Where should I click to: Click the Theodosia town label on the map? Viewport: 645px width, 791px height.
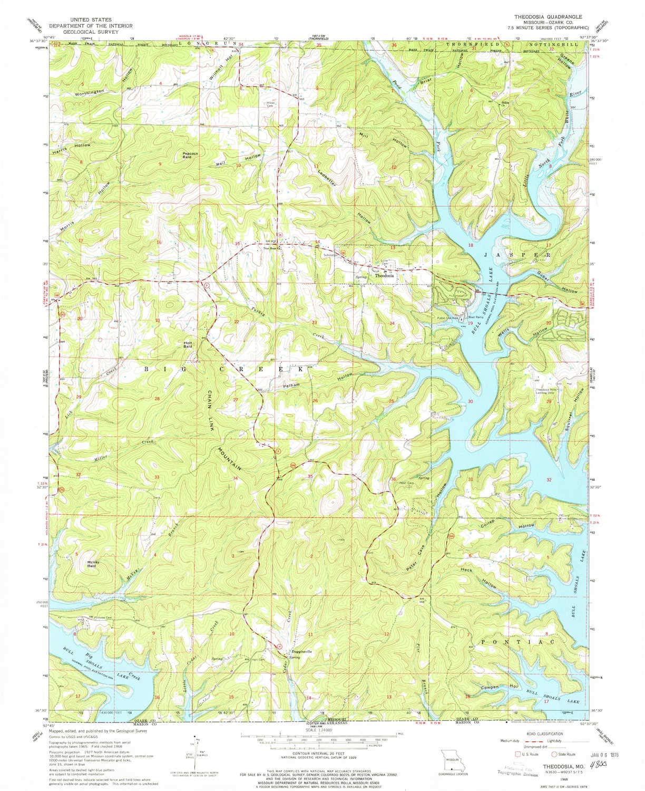384,275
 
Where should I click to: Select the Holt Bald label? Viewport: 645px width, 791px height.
187,344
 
